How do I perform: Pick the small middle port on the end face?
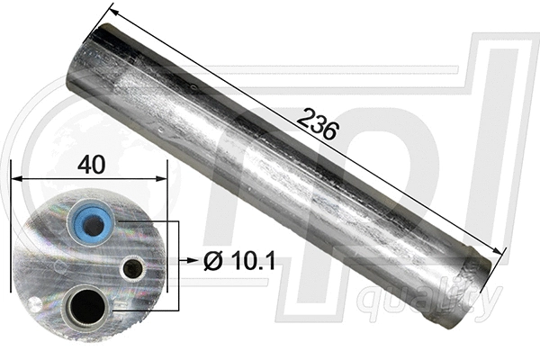click(x=133, y=267)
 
